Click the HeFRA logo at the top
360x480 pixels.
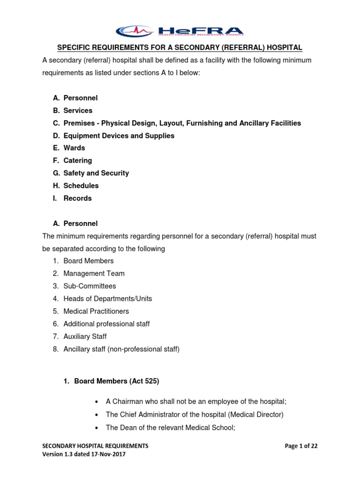tap(180, 31)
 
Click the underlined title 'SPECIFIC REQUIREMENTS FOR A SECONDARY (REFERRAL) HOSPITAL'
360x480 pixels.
tap(180, 48)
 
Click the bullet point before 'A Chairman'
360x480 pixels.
tap(96, 402)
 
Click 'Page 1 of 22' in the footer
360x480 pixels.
tap(301, 446)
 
